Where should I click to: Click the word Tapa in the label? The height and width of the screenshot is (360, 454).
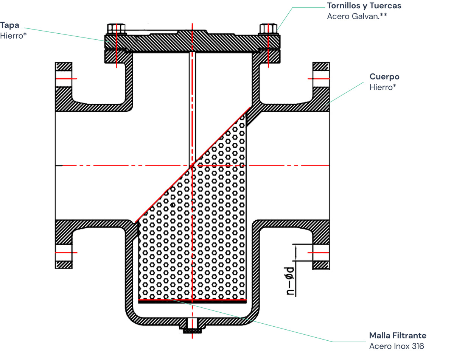[9, 25]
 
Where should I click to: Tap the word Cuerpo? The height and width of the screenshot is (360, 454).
[384, 77]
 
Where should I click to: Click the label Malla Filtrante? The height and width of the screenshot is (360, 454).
[398, 336]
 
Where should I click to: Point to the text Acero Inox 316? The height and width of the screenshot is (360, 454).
[396, 346]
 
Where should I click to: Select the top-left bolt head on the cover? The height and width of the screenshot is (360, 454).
[115, 28]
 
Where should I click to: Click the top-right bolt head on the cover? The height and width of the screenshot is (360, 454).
[268, 28]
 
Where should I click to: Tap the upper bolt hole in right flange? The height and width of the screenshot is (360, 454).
[320, 79]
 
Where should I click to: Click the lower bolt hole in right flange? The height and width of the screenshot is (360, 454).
[320, 252]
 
